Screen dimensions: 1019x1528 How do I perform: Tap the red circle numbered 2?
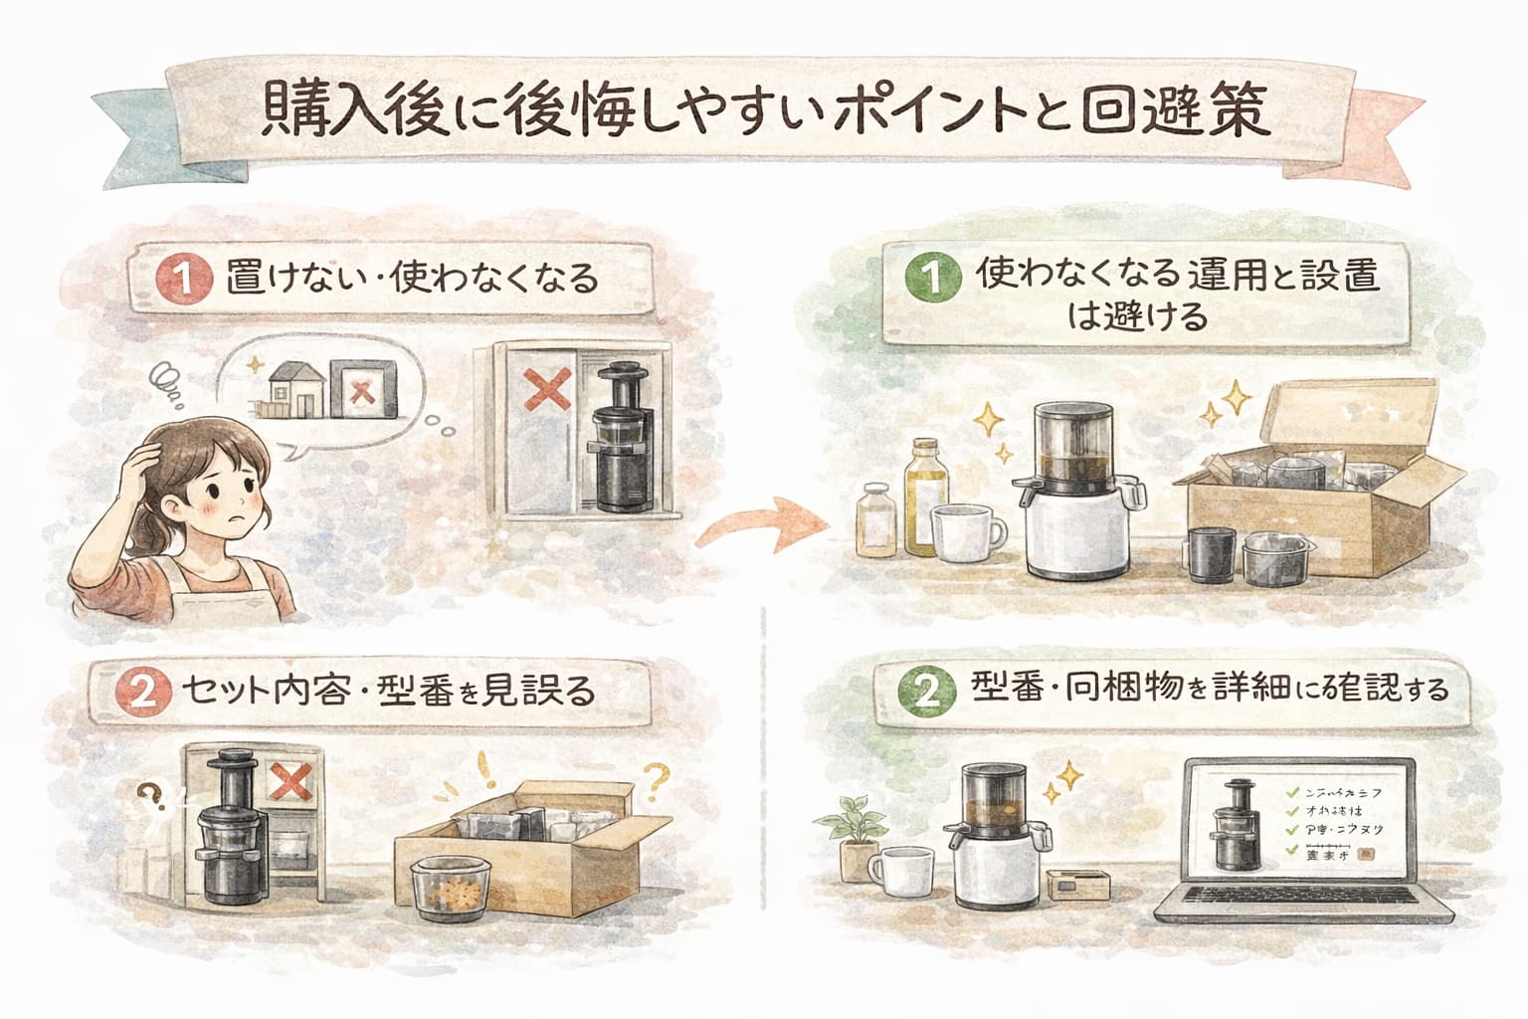pyautogui.click(x=145, y=692)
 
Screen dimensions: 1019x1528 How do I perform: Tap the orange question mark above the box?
pyautogui.click(x=656, y=780)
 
